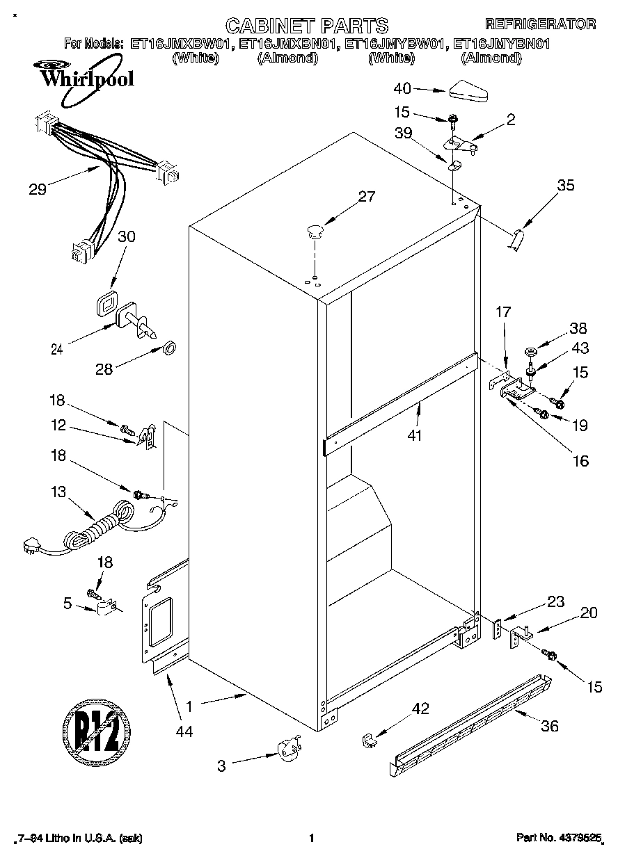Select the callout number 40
pos(402,88)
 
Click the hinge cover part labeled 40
pos(470,90)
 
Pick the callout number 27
pos(366,197)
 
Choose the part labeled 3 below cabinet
pos(289,751)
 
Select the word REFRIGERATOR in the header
pos(540,24)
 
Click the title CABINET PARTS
pos(307,26)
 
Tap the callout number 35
pos(566,186)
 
